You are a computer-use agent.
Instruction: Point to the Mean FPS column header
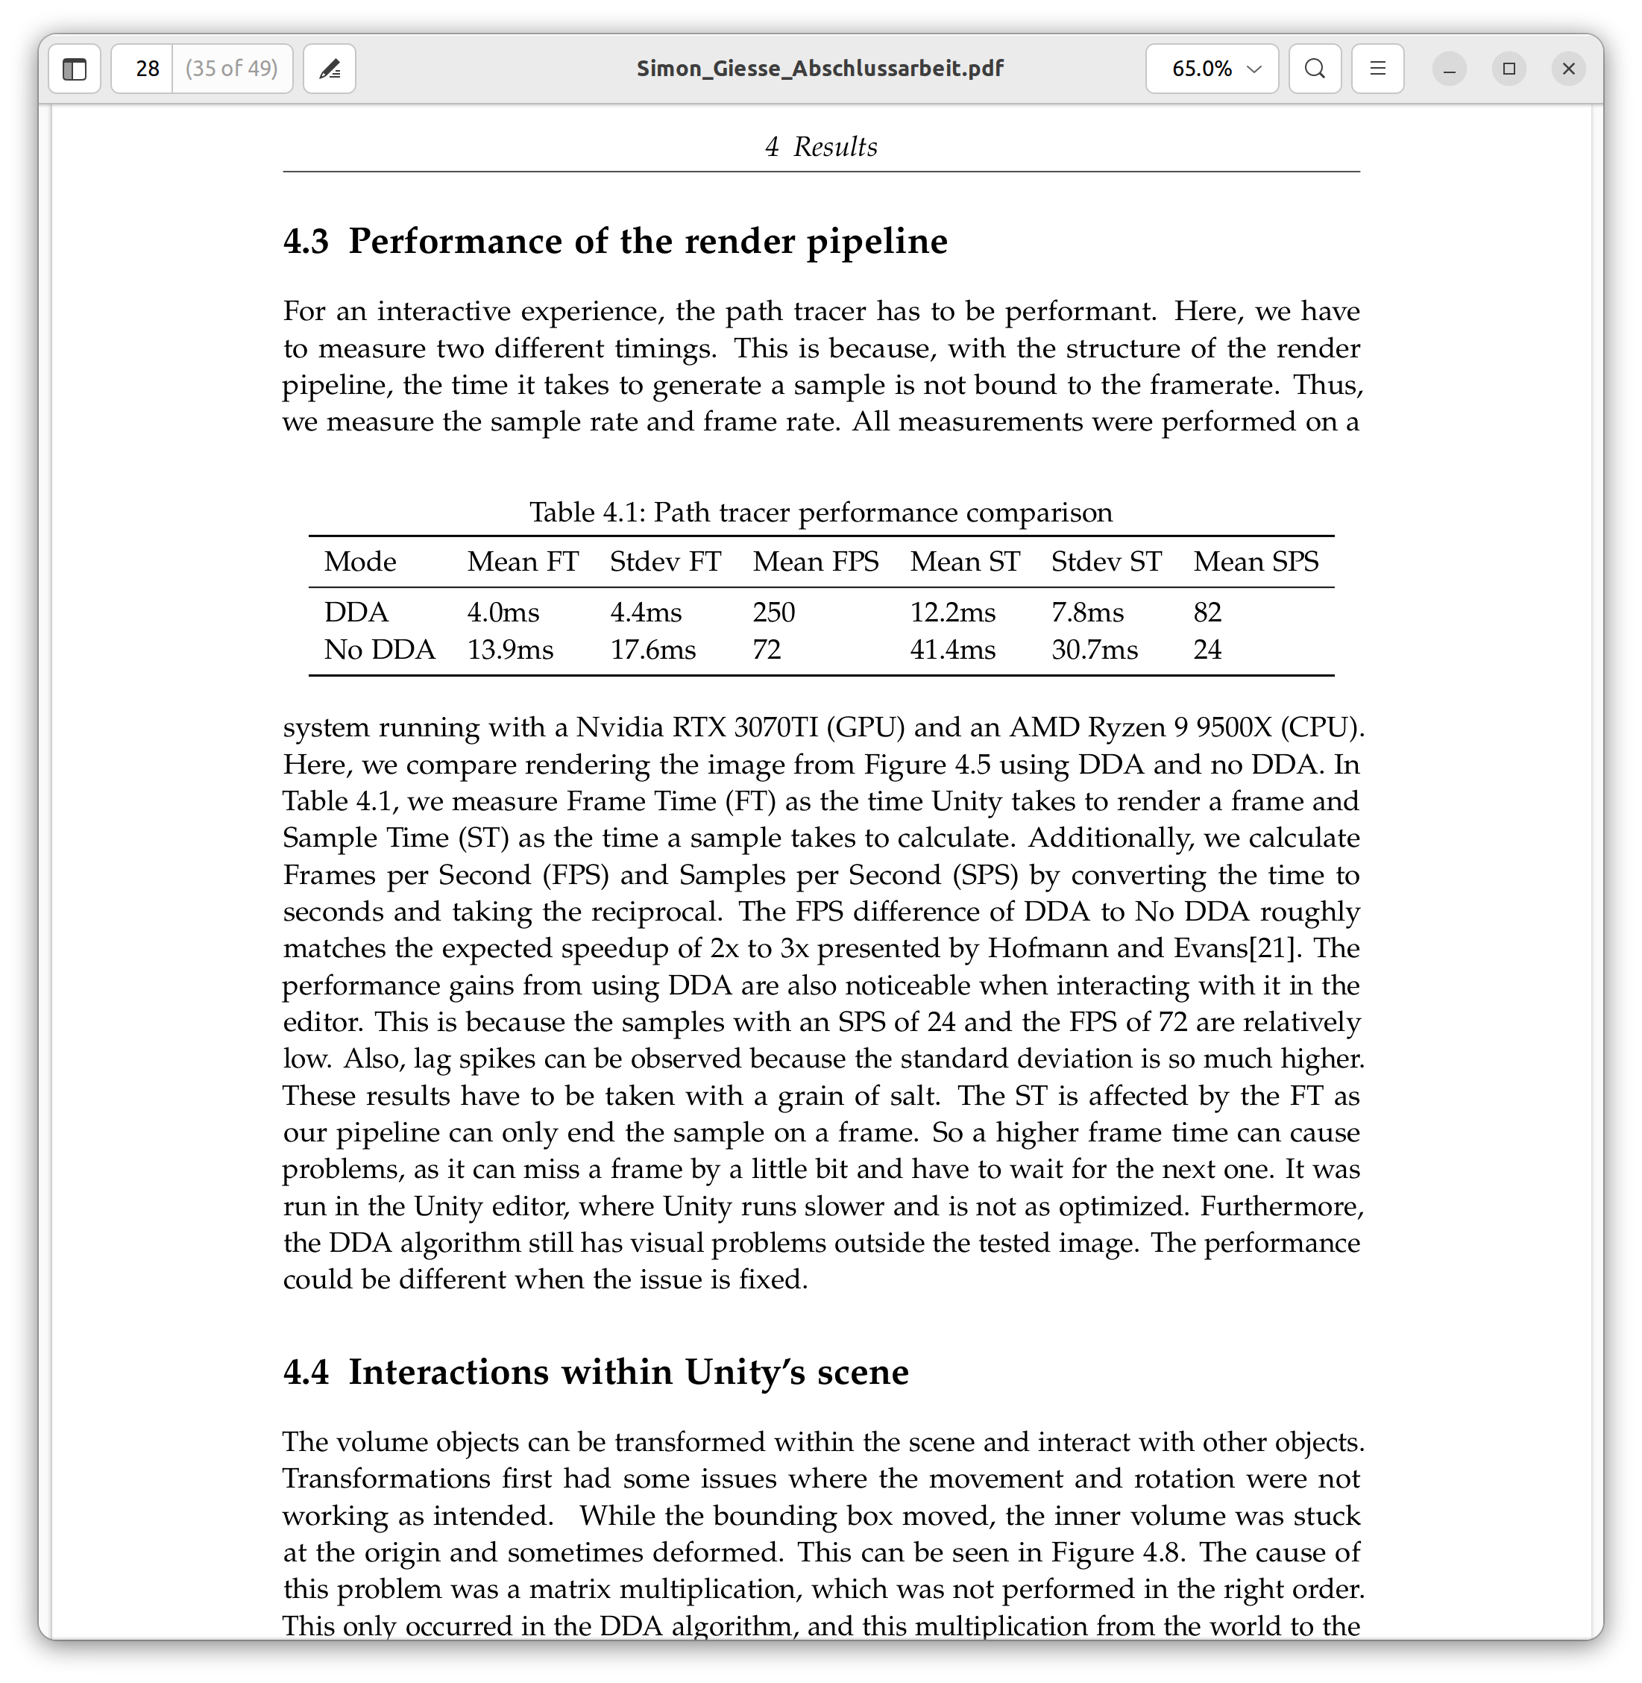[x=815, y=562]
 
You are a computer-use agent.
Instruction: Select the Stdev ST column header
[x=1106, y=562]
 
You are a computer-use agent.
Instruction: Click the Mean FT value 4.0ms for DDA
[x=503, y=612]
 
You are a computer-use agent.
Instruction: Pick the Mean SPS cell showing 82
[x=1207, y=612]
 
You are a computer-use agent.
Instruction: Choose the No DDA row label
[x=380, y=650]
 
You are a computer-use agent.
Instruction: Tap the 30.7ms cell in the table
[x=1093, y=650]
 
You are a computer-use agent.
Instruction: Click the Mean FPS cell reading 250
[x=773, y=612]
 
